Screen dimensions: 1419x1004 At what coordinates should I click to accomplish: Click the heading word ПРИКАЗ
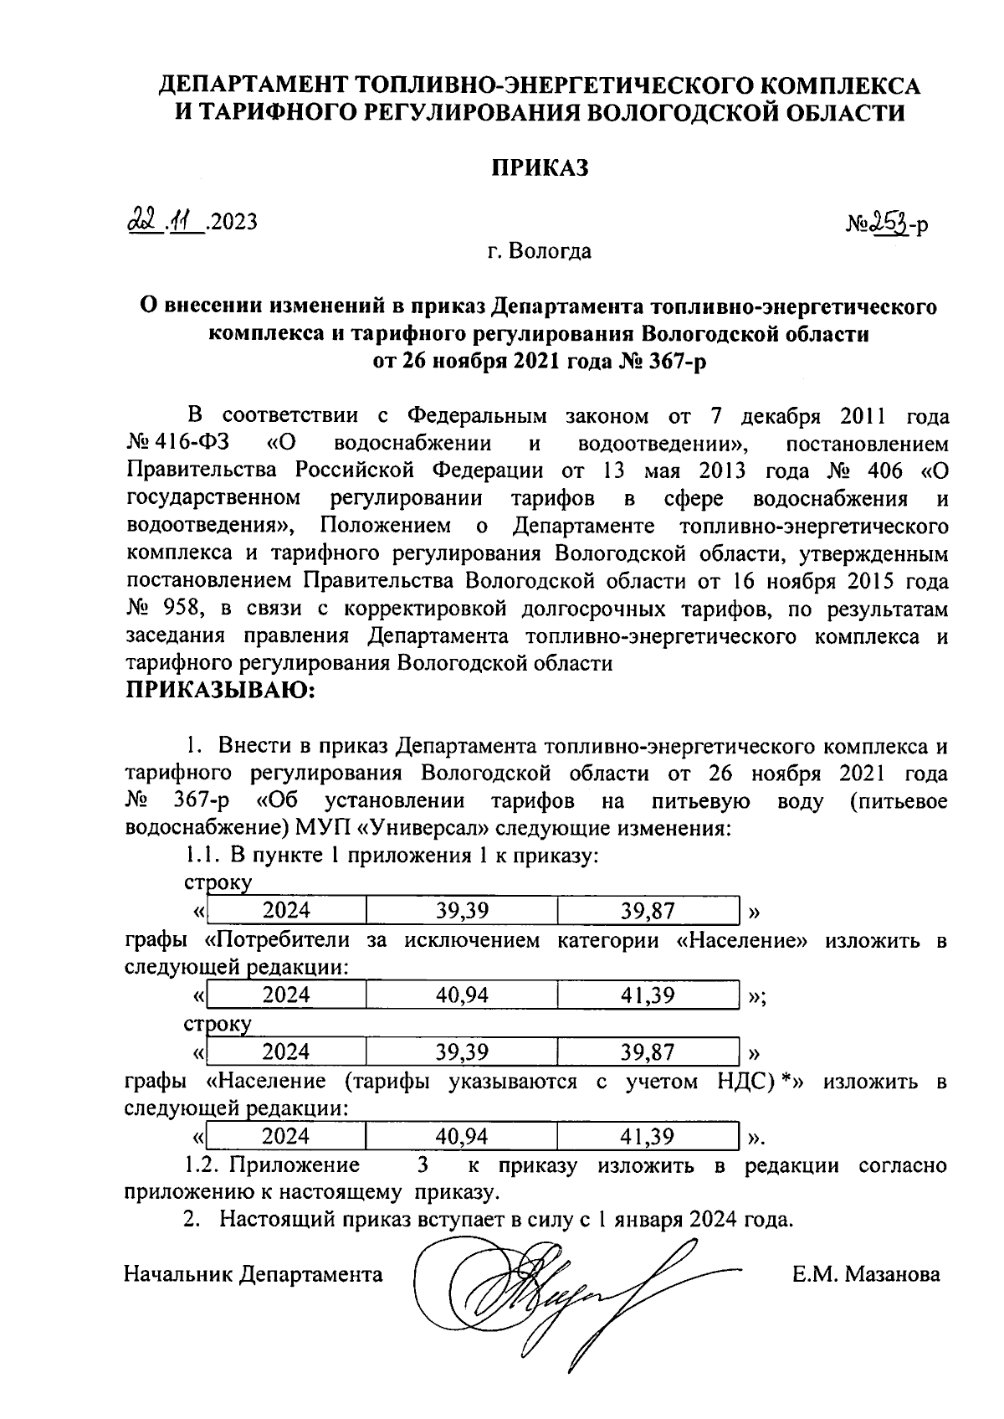[x=539, y=167]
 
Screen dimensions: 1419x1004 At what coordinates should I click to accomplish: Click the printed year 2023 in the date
[x=234, y=222]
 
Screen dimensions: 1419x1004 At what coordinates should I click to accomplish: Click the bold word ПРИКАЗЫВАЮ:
[x=219, y=691]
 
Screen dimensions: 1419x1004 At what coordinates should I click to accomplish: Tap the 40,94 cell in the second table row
[x=462, y=995]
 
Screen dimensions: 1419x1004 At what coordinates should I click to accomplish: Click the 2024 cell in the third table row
[x=285, y=1051]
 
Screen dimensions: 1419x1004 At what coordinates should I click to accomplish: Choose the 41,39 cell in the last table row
[x=648, y=1135]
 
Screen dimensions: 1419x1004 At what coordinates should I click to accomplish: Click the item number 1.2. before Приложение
[x=203, y=1165]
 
